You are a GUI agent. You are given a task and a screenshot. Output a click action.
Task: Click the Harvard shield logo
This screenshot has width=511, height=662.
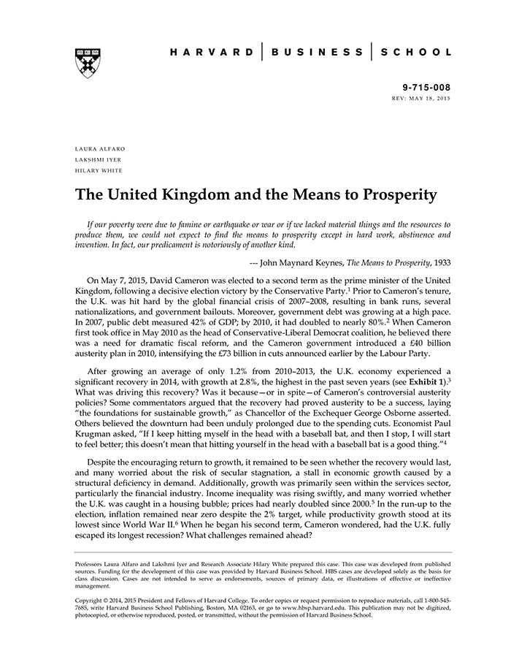click(x=87, y=62)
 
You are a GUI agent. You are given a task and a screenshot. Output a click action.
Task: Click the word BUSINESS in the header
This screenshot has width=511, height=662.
click(x=317, y=53)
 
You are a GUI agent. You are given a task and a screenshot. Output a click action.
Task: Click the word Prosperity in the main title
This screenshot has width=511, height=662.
click(x=387, y=195)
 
